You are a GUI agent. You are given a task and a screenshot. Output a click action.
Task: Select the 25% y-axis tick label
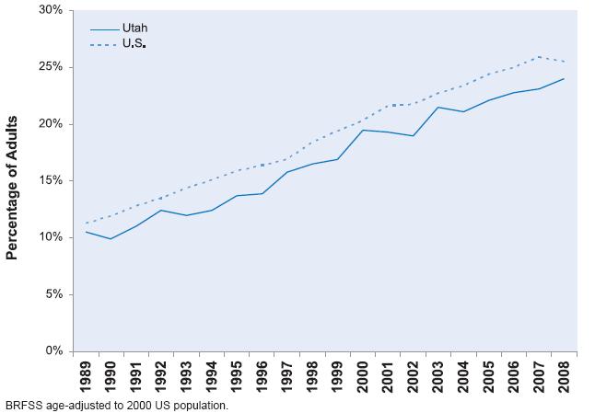pyautogui.click(x=50, y=67)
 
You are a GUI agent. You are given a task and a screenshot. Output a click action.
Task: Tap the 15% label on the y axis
pyautogui.click(x=50, y=180)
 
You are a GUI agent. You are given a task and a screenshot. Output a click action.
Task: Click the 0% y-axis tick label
pyautogui.click(x=53, y=351)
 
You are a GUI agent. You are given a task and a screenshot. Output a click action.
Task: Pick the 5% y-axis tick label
pyautogui.click(x=53, y=294)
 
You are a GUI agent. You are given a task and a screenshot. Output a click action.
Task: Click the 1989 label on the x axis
pyautogui.click(x=86, y=376)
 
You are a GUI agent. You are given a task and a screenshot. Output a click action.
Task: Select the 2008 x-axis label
pyautogui.click(x=564, y=376)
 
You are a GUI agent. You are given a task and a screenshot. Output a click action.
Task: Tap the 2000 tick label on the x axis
pyautogui.click(x=363, y=376)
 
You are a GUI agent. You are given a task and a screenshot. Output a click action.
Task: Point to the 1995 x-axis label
pyautogui.click(x=237, y=376)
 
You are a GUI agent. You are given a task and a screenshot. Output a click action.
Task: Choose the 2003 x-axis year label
pyautogui.click(x=438, y=376)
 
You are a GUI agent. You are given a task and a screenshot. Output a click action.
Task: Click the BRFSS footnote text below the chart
pyautogui.click(x=116, y=405)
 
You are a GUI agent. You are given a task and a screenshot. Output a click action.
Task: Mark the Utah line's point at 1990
pyautogui.click(x=111, y=239)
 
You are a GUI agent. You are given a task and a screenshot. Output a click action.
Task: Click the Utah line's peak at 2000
pyautogui.click(x=363, y=130)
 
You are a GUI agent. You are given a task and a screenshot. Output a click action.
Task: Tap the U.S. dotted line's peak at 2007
pyautogui.click(x=539, y=57)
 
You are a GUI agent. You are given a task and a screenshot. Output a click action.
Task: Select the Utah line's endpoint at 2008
pyautogui.click(x=564, y=78)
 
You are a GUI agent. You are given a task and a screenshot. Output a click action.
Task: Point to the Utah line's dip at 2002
pyautogui.click(x=413, y=136)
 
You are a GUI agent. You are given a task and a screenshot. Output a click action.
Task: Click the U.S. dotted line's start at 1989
pyautogui.click(x=86, y=223)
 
